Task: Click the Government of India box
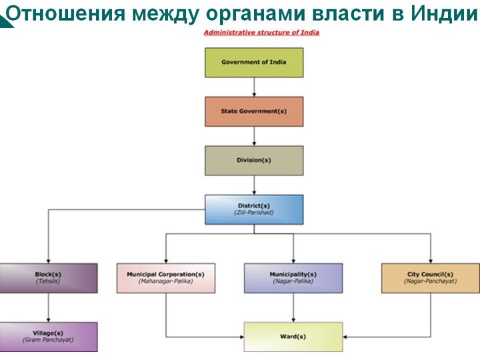[x=253, y=62]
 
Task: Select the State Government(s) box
[x=253, y=111]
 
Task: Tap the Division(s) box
[x=253, y=161]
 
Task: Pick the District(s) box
[x=253, y=209]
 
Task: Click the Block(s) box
[x=48, y=278]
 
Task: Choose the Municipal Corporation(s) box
[x=166, y=278]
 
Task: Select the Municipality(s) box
[x=293, y=278]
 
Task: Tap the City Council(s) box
[x=430, y=278]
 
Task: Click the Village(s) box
[x=48, y=337]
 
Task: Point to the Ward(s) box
[x=293, y=337]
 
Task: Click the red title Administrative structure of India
[x=261, y=33]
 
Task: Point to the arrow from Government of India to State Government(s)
[x=253, y=87]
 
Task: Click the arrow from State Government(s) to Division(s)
[x=253, y=136]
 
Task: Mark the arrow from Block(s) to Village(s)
[x=48, y=307]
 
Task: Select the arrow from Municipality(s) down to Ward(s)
[x=293, y=307]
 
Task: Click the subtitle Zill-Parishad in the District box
[x=253, y=213]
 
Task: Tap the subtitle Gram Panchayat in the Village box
[x=48, y=340]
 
